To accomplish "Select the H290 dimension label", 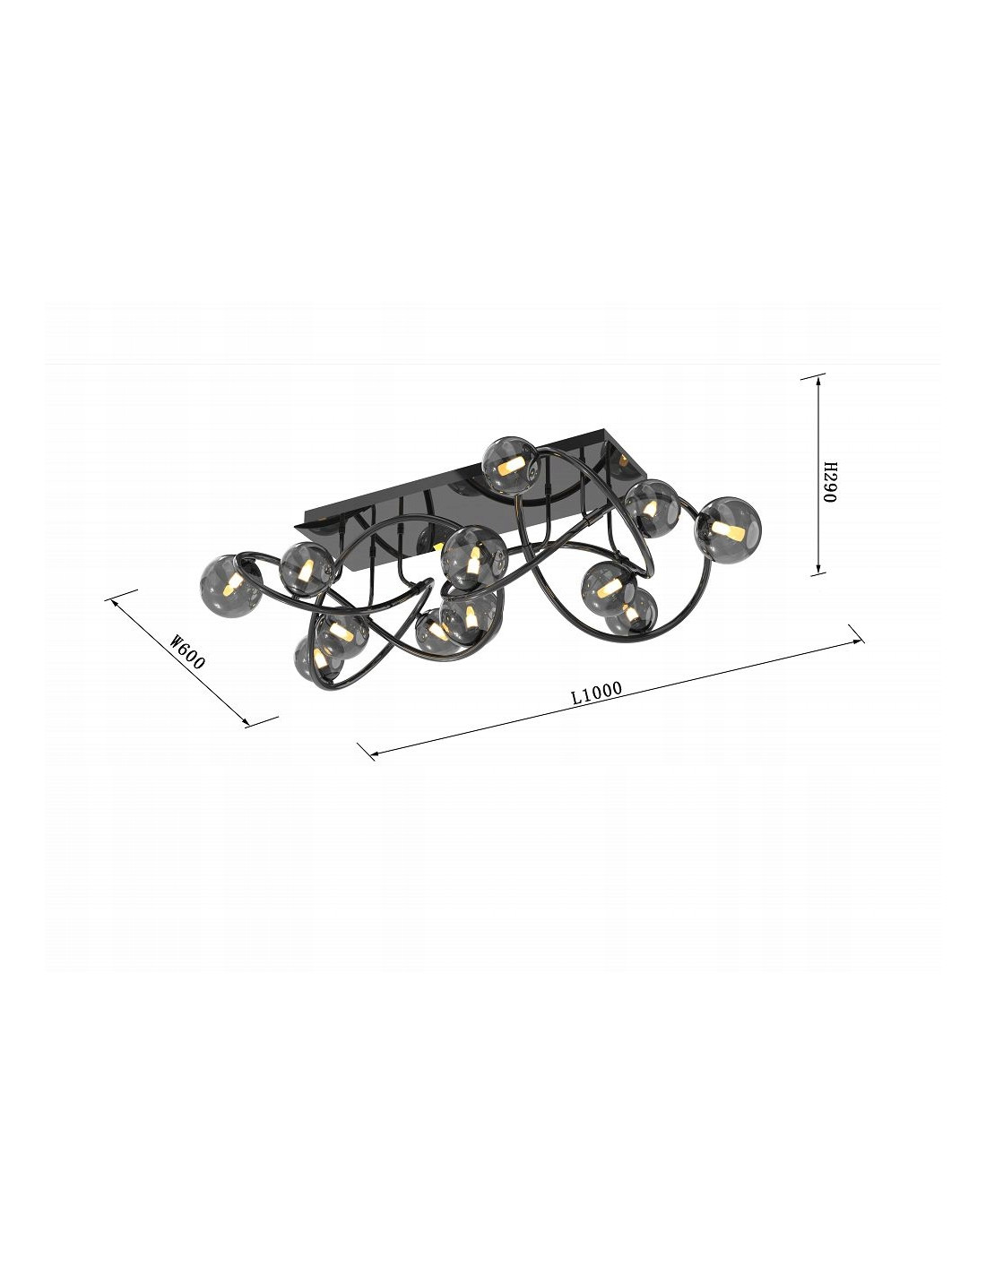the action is tap(829, 482).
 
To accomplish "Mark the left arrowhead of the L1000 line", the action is tap(372, 754).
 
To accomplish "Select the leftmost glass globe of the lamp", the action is tap(230, 584).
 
